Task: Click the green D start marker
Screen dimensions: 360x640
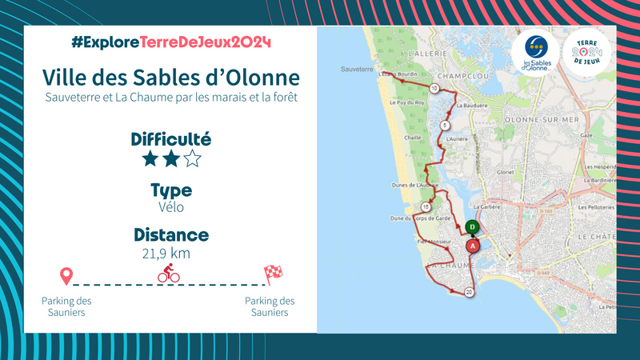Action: [473, 227]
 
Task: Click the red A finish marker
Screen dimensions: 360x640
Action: [473, 246]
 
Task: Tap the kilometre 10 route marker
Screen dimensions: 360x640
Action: [434, 88]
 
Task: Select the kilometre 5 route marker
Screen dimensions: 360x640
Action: [445, 126]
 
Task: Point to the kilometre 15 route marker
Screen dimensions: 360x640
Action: [425, 206]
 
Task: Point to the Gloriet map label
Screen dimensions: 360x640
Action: [506, 171]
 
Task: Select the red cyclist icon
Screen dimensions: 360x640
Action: [169, 275]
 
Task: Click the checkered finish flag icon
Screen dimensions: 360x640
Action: [273, 274]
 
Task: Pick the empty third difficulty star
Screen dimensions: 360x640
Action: [193, 158]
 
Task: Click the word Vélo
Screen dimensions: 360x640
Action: [171, 206]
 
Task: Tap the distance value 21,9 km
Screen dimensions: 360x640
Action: [171, 254]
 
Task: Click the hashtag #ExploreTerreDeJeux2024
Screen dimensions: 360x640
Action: [171, 42]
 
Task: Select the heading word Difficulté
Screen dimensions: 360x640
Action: [171, 139]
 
